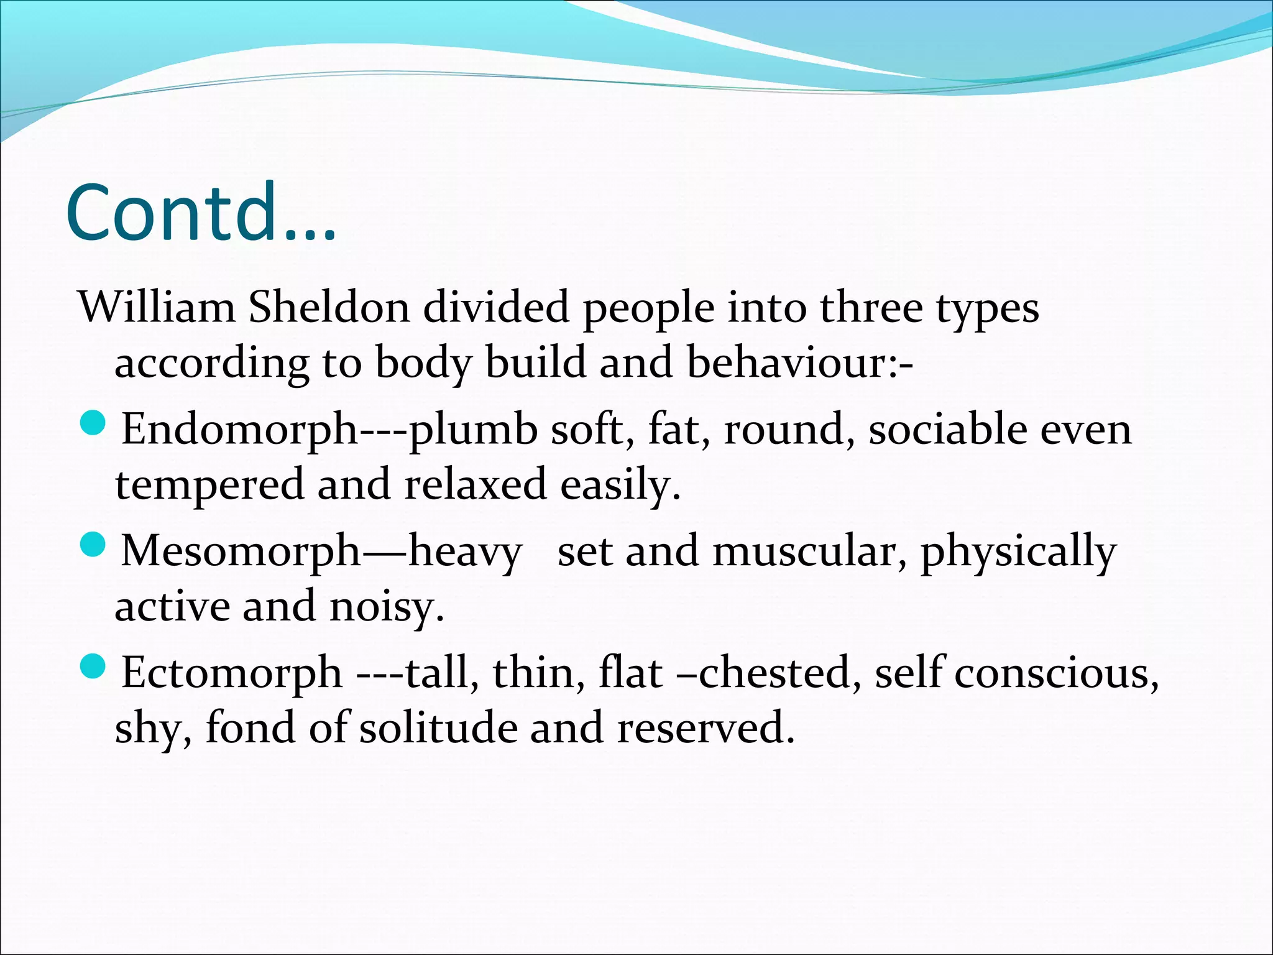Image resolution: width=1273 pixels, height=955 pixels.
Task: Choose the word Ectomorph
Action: coord(232,673)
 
